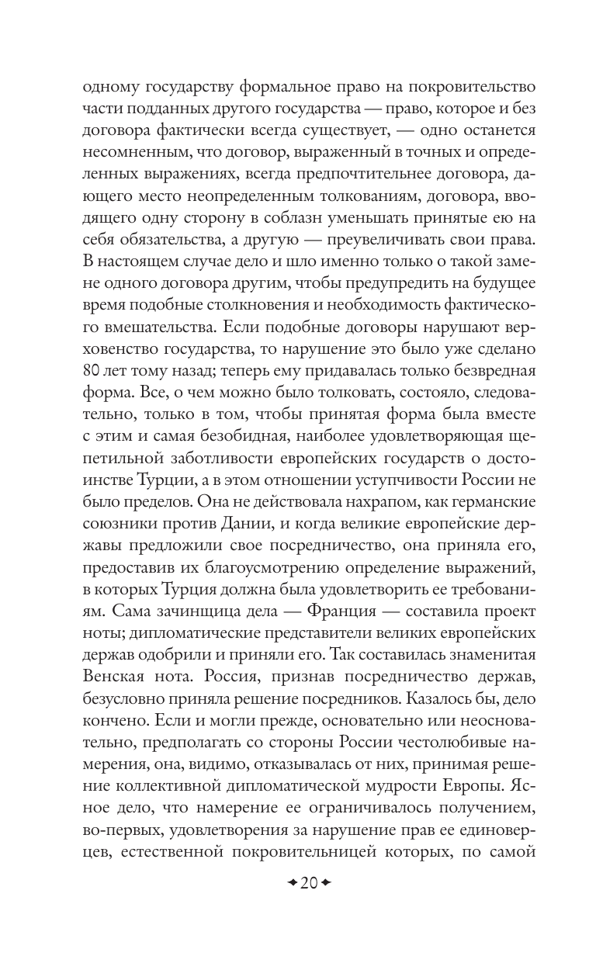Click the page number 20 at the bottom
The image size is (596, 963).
(299, 884)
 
